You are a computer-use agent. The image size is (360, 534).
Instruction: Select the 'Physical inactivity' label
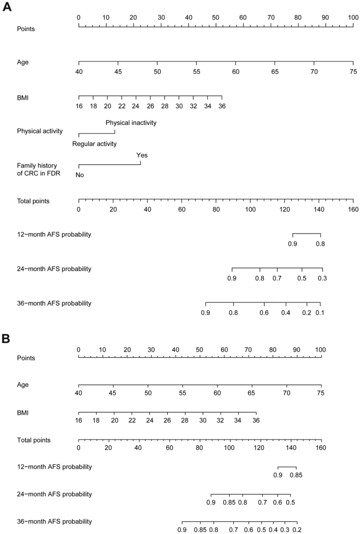[x=131, y=123]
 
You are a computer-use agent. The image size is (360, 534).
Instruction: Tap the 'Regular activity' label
[x=95, y=143]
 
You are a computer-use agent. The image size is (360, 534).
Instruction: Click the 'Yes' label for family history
[x=142, y=155]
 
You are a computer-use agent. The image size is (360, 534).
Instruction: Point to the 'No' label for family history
[x=79, y=175]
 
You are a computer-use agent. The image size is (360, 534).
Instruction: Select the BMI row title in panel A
[x=23, y=97]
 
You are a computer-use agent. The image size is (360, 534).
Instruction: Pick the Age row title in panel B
[x=23, y=384]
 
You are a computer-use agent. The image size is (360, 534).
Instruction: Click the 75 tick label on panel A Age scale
[x=353, y=70]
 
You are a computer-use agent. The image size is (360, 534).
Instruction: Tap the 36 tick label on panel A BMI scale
[x=222, y=106]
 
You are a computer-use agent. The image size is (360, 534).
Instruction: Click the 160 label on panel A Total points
[x=352, y=209]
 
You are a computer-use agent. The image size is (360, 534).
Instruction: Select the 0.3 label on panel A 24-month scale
[x=322, y=277]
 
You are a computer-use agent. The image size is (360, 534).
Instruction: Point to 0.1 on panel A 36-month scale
[x=320, y=312]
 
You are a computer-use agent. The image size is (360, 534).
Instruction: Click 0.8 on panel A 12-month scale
[x=320, y=243]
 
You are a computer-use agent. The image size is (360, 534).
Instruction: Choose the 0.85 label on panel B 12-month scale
[x=296, y=476]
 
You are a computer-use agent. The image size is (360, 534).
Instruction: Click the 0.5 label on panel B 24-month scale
[x=290, y=503]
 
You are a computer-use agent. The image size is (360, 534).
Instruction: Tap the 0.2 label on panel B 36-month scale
[x=296, y=530]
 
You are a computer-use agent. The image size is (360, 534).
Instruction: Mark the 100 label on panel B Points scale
[x=321, y=350]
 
